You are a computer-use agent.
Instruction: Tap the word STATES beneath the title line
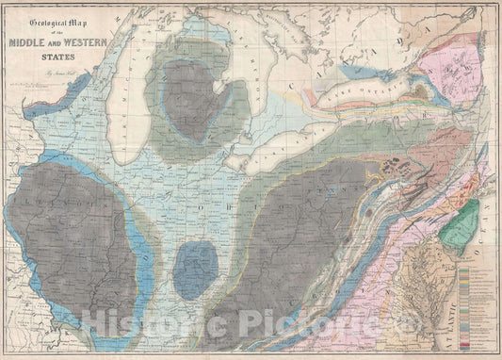pos(62,55)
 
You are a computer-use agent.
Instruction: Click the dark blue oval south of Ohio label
pos(195,270)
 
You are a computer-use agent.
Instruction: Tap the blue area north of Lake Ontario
pos(363,69)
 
